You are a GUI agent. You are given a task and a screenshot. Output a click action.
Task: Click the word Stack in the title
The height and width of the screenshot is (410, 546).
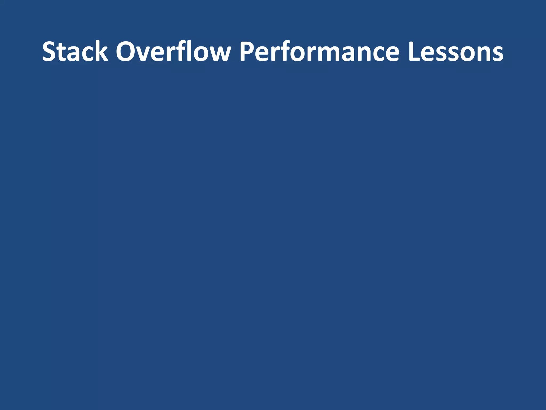coord(75,51)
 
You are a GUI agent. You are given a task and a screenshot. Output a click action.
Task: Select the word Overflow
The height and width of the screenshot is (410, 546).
coord(173,51)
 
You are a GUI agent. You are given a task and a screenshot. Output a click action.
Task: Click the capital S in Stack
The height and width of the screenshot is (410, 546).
coord(50,51)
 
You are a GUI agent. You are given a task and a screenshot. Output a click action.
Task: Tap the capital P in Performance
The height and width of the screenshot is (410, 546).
coord(247,51)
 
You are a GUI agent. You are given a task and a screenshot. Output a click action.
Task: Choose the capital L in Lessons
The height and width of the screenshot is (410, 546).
coord(414,51)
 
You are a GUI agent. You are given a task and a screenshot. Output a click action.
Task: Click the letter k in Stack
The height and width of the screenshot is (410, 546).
coord(101,51)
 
